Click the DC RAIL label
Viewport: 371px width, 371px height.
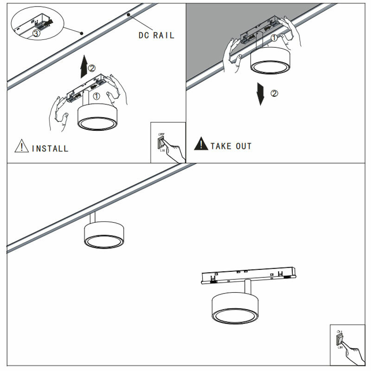tap(156, 35)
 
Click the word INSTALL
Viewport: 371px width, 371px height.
tap(50, 148)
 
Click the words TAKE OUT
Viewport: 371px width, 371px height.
tap(230, 146)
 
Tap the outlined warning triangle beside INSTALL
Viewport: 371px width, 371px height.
tap(21, 147)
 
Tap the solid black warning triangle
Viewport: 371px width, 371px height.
tap(201, 144)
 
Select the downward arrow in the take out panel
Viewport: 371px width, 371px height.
tap(262, 95)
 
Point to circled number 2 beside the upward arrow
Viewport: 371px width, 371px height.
tap(92, 68)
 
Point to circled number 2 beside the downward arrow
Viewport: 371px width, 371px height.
tap(274, 93)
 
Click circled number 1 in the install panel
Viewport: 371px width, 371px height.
tap(96, 96)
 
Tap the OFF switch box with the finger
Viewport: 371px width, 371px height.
tap(168, 142)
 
